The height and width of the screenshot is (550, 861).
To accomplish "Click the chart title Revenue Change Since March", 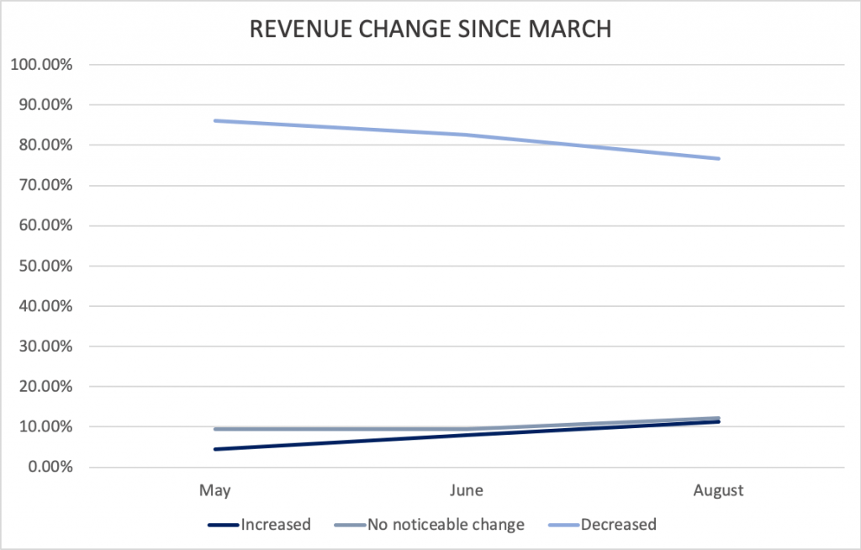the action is [430, 29].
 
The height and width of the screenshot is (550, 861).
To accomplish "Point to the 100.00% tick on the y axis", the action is [42, 65].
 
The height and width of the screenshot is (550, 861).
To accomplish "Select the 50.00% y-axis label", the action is [45, 266].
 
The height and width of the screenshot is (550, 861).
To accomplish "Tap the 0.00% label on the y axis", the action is [50, 467].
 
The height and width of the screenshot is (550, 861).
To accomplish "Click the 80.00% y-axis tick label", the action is [45, 145].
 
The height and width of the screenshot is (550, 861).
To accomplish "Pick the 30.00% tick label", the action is [45, 346].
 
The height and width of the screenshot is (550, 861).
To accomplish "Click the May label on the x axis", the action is [214, 490].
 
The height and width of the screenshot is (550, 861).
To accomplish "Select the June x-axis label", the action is [467, 490].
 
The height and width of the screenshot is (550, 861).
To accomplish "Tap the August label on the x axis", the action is [718, 490].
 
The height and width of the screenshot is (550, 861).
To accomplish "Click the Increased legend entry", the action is [259, 525].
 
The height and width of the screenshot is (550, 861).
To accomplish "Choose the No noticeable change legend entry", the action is [430, 525].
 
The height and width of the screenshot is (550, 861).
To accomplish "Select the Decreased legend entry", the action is [602, 525].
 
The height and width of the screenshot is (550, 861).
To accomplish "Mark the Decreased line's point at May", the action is [214, 121].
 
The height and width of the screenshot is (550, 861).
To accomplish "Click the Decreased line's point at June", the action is [467, 135].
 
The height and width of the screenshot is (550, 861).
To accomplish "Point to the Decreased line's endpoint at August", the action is [718, 158].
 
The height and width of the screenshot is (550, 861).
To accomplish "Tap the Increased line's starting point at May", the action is [214, 449].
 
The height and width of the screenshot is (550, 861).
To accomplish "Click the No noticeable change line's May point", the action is [214, 429].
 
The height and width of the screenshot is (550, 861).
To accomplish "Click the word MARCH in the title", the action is [570, 29].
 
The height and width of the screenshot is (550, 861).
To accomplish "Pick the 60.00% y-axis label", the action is [45, 226].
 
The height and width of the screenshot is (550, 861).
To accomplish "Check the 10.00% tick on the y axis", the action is [45, 427].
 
